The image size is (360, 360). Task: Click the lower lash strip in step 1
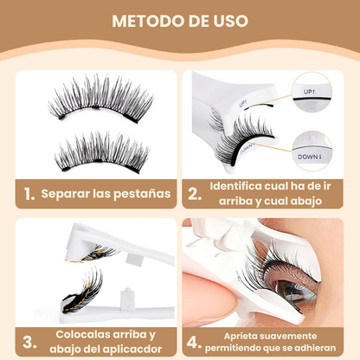click(97, 151)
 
